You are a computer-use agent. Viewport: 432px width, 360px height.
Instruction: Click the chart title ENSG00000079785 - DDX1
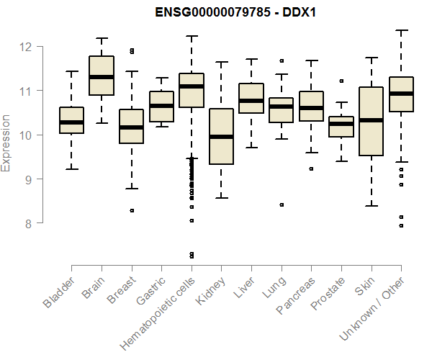tap(236, 12)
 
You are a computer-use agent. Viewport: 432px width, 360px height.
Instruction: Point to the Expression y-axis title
tap(7, 143)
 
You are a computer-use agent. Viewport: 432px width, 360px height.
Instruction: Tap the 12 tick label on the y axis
tap(25, 47)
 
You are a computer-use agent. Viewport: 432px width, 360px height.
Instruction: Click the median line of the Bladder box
tap(71, 122)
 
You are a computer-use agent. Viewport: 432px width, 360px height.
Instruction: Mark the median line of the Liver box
tap(251, 101)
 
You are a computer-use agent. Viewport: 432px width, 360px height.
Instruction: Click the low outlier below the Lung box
tap(281, 204)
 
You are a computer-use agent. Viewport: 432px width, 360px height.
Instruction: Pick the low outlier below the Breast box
tap(131, 210)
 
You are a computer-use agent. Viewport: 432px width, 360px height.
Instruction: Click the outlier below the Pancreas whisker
tap(311, 168)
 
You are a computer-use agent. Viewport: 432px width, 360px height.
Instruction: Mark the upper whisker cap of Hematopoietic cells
tap(191, 36)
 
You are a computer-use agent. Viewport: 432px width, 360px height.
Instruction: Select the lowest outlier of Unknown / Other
tap(401, 225)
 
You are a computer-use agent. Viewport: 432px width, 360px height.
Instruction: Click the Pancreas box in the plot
tap(311, 107)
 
